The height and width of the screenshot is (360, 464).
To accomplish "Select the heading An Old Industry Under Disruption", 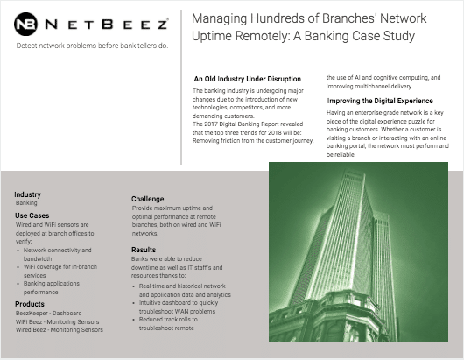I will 247,79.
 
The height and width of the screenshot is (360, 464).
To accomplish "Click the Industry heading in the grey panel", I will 28,194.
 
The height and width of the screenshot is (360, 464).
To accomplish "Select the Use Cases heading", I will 32,215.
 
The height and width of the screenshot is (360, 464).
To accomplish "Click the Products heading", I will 30,304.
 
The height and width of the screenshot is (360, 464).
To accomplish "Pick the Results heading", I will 144,250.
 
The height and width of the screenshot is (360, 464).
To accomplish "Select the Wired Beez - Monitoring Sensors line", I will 59,330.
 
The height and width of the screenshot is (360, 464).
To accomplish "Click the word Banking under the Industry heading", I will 27,202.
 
